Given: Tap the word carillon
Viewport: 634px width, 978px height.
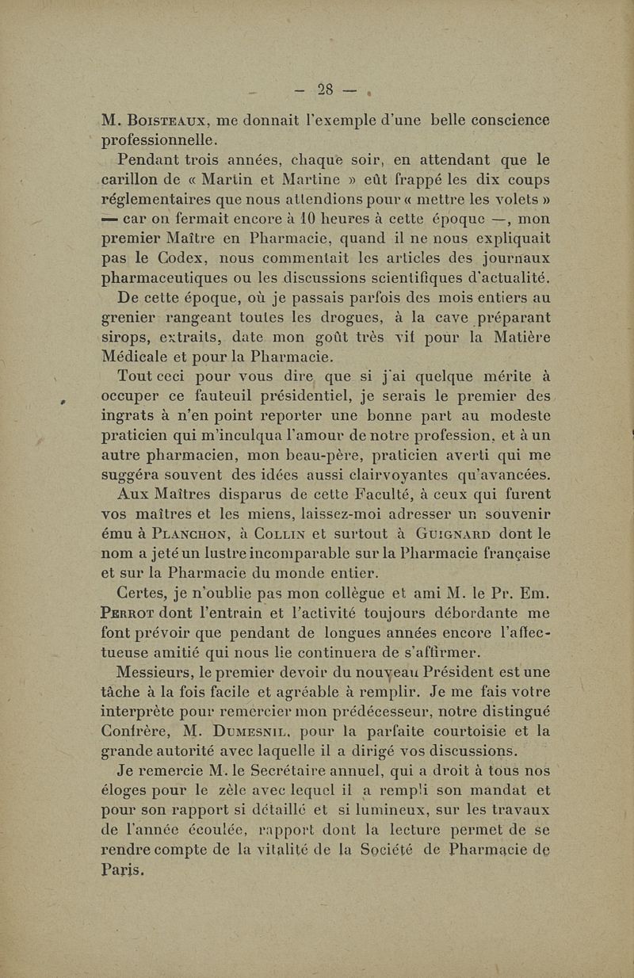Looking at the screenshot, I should click(135, 179).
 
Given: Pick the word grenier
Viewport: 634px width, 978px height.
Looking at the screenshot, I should click(130, 317).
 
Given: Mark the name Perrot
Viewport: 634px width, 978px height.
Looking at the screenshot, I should click(132, 612).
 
